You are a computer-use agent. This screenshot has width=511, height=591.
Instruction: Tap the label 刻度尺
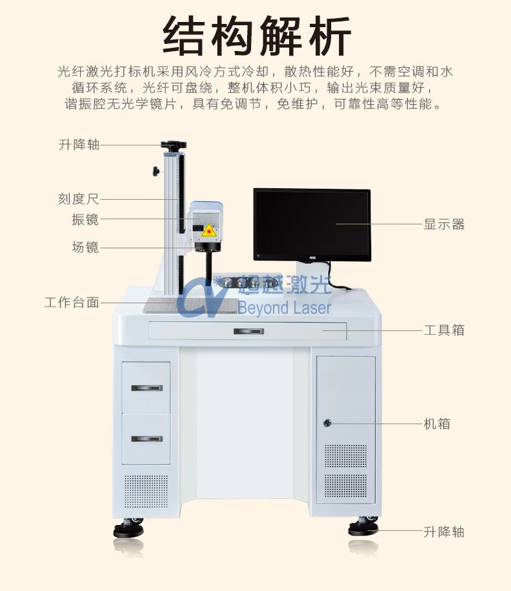point(79,199)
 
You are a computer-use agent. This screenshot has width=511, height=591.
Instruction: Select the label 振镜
point(85,219)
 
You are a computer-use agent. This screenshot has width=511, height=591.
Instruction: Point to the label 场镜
point(85,246)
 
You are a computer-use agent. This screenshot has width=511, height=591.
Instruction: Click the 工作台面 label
point(72,302)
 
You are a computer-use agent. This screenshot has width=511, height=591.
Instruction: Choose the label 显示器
point(444,224)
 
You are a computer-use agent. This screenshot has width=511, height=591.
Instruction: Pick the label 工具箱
point(444,330)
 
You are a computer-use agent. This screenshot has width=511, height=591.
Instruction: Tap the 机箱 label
point(437,424)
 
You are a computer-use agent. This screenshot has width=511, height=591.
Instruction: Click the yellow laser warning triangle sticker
point(208,230)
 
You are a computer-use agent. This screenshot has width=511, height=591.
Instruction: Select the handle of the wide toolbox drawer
point(248,331)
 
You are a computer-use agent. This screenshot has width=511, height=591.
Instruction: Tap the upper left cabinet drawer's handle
point(146,388)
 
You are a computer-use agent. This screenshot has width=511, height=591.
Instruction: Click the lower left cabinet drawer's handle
point(146,439)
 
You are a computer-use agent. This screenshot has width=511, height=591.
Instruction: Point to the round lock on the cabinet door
point(328,424)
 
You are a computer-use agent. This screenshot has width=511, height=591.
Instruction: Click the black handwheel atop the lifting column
point(173,145)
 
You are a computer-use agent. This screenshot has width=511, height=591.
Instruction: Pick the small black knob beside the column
point(156,171)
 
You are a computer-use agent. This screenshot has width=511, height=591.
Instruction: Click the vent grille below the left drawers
point(146,491)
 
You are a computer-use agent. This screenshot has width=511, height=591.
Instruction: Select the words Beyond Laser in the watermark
point(284,308)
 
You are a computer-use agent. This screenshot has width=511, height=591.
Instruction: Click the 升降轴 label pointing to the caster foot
point(444,532)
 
